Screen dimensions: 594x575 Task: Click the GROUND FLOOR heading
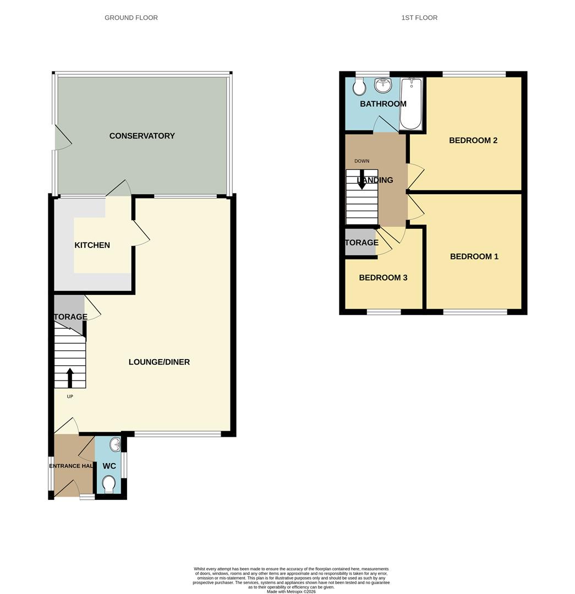131,18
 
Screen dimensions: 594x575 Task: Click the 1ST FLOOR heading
419,18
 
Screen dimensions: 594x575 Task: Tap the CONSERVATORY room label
142,136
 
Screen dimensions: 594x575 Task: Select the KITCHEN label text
92,245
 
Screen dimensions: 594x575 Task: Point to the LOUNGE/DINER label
159,362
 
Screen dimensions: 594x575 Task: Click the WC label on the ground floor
109,466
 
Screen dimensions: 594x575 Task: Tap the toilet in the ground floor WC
109,483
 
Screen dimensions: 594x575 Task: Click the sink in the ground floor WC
115,444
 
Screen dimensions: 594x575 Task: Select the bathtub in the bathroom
410,103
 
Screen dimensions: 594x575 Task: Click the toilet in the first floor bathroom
359,85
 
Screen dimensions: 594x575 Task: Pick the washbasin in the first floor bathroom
382,85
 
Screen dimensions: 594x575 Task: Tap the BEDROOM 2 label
473,140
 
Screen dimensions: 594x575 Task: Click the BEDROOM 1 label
474,256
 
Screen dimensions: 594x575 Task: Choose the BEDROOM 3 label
383,278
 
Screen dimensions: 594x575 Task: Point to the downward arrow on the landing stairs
362,181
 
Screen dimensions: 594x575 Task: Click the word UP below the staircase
70,397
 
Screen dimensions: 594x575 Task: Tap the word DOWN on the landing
362,161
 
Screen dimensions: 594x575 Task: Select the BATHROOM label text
383,104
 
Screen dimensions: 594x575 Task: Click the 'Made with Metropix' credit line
291,591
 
